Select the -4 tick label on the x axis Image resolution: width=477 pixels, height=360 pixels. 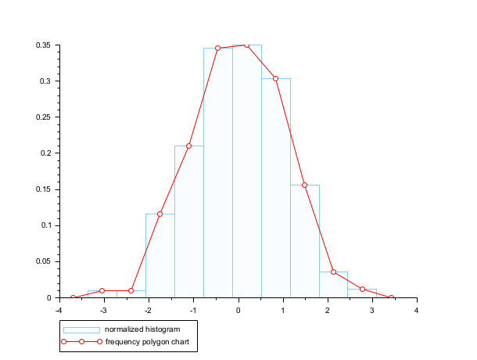click(x=59, y=310)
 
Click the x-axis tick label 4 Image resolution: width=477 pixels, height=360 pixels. click(x=417, y=310)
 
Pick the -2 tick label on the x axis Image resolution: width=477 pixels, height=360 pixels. click(x=148, y=310)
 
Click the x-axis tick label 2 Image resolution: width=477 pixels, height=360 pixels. click(x=328, y=310)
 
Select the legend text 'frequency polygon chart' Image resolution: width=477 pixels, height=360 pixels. click(x=147, y=342)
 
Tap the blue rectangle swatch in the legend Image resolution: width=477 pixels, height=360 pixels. click(x=81, y=329)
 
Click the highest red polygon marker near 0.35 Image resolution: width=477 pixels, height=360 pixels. click(x=246, y=45)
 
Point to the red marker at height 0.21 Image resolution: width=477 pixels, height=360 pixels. click(x=188, y=146)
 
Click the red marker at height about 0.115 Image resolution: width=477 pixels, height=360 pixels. click(x=160, y=214)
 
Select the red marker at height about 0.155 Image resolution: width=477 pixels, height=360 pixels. click(x=304, y=185)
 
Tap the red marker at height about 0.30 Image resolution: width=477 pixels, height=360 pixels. click(x=275, y=78)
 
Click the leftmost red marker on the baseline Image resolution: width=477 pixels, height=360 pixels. click(x=73, y=297)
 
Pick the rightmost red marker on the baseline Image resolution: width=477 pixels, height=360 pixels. click(x=391, y=297)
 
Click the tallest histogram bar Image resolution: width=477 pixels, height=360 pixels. click(x=246, y=172)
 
